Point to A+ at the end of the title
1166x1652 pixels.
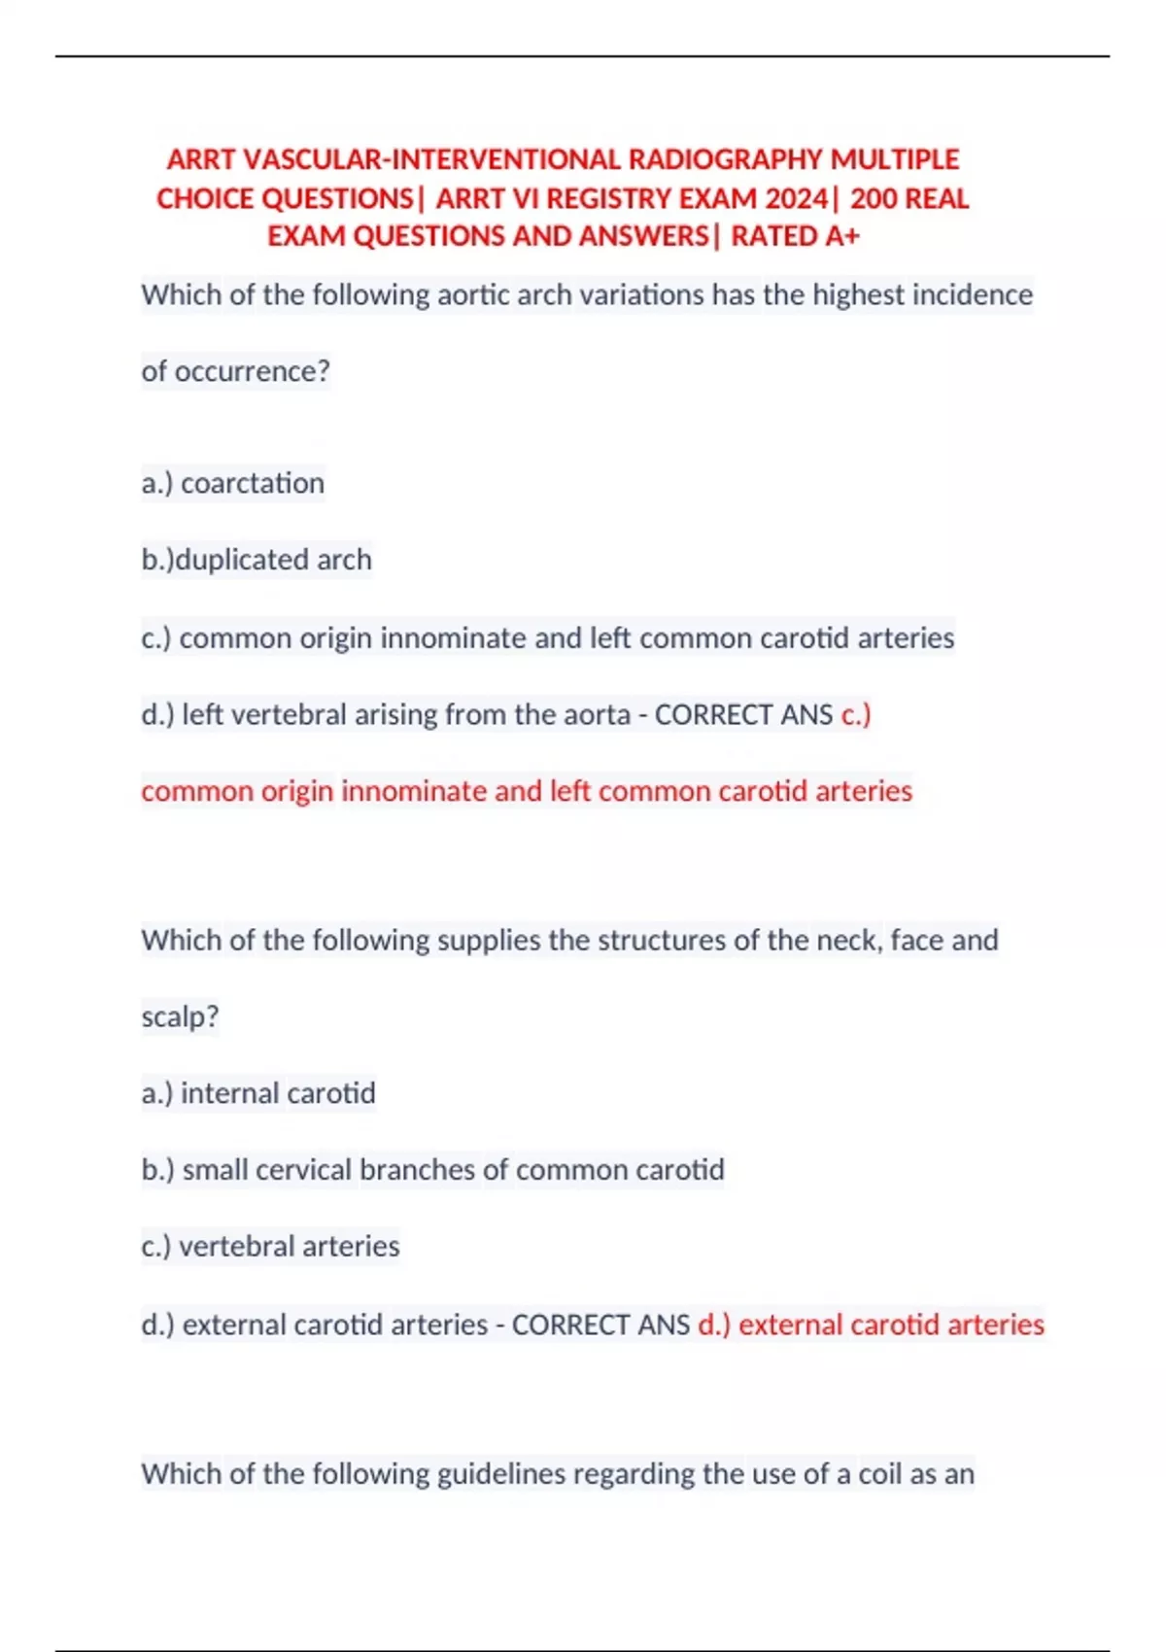[841, 236]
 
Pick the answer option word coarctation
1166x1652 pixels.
[253, 483]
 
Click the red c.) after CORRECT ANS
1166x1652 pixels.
[856, 714]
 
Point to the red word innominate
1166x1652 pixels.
[414, 791]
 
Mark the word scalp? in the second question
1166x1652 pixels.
[180, 1016]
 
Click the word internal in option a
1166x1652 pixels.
[223, 1093]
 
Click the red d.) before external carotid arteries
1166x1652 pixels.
[714, 1325]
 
